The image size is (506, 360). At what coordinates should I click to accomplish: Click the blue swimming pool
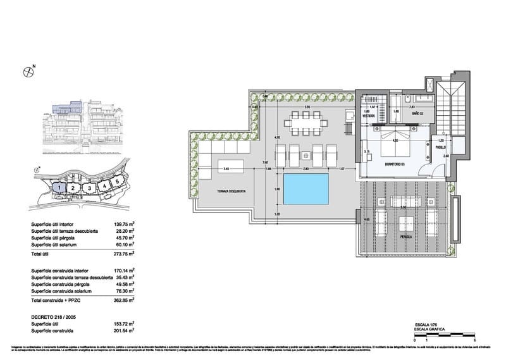coord(306,189)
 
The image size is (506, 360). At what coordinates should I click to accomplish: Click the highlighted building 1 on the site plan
coord(59,187)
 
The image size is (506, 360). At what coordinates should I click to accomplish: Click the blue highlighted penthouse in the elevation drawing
coord(64,110)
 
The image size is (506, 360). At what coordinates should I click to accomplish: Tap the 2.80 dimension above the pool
coord(305,169)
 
